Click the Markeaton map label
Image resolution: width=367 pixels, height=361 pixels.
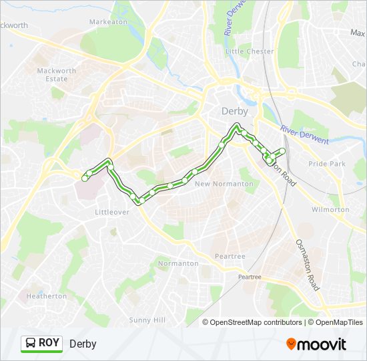[x=108, y=21]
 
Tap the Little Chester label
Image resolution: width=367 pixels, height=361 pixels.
[x=250, y=51]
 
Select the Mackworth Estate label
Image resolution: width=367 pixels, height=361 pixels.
[x=52, y=74]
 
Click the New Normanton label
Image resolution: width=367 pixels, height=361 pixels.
[x=224, y=184]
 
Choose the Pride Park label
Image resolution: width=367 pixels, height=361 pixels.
[x=327, y=164]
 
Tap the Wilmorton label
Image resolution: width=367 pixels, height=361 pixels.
[x=330, y=209]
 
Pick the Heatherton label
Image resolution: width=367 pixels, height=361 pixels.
[x=47, y=295]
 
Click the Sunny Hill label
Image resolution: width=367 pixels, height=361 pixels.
[x=147, y=320]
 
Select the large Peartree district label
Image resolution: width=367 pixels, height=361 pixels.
[x=230, y=256]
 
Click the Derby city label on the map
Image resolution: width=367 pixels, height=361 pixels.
[x=234, y=111]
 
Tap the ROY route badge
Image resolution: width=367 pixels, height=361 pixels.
[x=41, y=343]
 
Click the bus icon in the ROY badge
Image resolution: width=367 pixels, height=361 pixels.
[x=31, y=344]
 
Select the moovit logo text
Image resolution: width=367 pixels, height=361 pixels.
[x=322, y=344]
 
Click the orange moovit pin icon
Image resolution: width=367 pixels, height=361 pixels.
[x=291, y=344]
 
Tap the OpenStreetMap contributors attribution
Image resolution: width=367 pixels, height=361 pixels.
[x=256, y=322]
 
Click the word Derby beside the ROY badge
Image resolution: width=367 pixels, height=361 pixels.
[x=83, y=344]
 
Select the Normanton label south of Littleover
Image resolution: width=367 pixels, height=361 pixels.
[x=178, y=263]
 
